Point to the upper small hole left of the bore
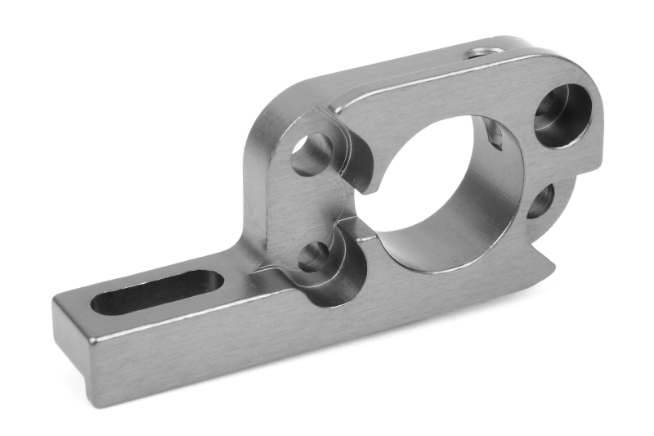[311, 155]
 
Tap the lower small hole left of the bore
[313, 257]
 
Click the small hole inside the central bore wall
[494, 133]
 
